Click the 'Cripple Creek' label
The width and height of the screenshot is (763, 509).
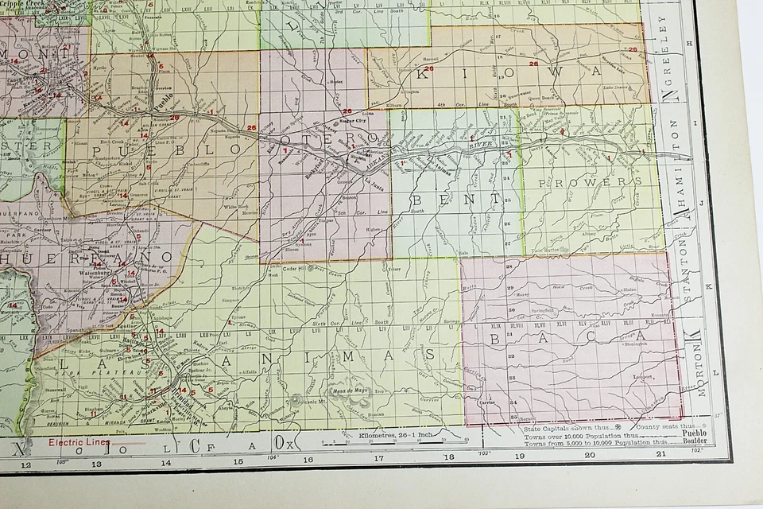20,4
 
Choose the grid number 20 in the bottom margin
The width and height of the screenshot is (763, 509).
589,455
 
